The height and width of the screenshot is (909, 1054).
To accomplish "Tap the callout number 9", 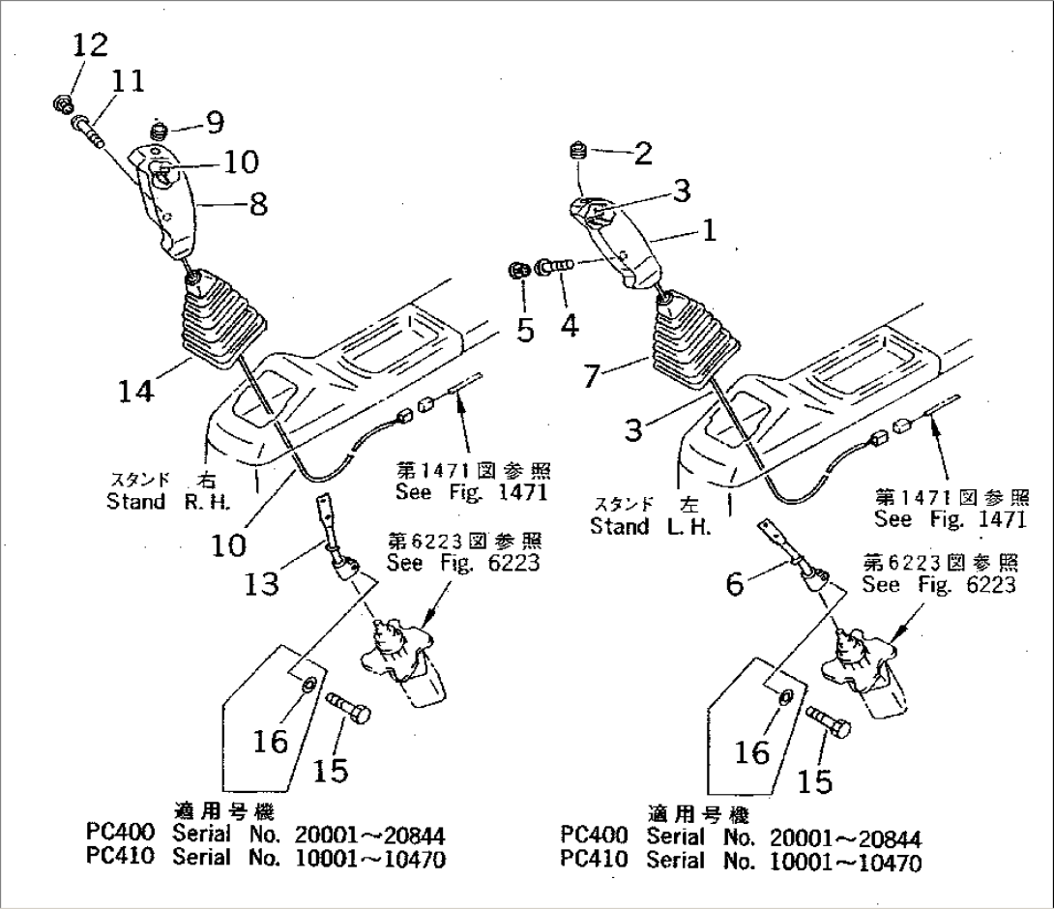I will tap(214, 122).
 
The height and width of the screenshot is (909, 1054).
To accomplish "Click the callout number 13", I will tap(263, 583).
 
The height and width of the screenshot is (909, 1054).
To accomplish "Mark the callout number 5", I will tap(525, 330).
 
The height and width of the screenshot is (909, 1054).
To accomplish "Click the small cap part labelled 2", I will tap(578, 151).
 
